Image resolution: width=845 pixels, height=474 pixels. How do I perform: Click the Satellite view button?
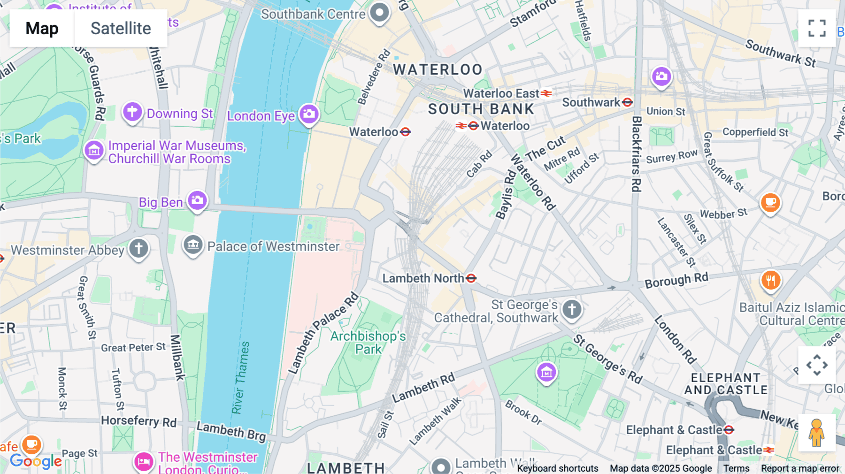(x=121, y=28)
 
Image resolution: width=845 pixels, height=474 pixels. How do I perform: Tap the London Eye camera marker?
(x=309, y=114)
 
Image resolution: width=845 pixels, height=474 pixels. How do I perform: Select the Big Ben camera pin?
(x=197, y=200)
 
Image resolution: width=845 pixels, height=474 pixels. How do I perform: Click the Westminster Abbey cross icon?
(x=138, y=248)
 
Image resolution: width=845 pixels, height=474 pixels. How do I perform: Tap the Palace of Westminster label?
(x=273, y=246)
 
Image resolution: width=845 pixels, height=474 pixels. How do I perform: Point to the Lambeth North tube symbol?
(x=471, y=278)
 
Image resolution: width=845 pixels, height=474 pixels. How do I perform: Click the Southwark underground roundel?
(x=627, y=102)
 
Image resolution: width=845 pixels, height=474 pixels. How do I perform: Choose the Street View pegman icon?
(x=816, y=432)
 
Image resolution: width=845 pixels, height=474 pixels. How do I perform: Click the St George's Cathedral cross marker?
(x=571, y=309)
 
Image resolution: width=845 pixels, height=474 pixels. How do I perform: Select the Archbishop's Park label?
(x=368, y=343)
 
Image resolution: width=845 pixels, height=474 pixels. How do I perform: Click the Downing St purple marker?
(x=132, y=112)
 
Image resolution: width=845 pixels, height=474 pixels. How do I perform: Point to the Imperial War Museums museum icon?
(x=94, y=151)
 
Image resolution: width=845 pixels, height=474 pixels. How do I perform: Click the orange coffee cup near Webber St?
(x=770, y=203)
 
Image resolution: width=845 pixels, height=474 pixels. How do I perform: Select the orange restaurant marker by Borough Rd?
(x=770, y=281)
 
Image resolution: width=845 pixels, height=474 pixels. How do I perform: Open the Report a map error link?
(x=799, y=468)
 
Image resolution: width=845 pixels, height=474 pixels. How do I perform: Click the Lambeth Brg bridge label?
(x=231, y=431)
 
